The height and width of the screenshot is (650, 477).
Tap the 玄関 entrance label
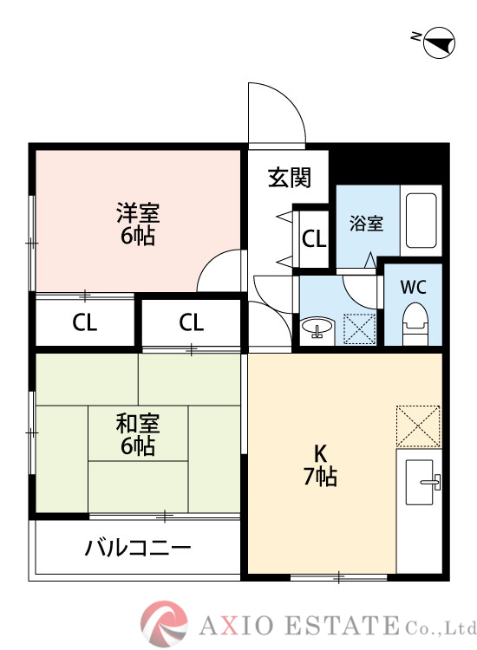pyautogui.click(x=288, y=178)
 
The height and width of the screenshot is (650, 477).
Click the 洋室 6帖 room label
pyautogui.click(x=137, y=224)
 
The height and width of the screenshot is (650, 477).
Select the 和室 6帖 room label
pyautogui.click(x=137, y=435)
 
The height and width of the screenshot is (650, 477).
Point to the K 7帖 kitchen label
pyautogui.click(x=319, y=464)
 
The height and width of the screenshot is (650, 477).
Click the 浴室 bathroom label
pyautogui.click(x=366, y=223)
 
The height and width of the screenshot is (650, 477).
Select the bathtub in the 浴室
pyautogui.click(x=422, y=221)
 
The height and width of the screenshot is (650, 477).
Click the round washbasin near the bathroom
pyautogui.click(x=317, y=328)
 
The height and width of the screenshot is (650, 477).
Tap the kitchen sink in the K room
pyautogui.click(x=422, y=482)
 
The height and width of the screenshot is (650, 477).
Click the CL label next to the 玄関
pyautogui.click(x=313, y=238)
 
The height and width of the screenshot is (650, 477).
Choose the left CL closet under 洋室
pyautogui.click(x=84, y=323)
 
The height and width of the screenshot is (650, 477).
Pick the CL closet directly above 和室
pyautogui.click(x=192, y=323)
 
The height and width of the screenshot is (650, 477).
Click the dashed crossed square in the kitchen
pyautogui.click(x=419, y=426)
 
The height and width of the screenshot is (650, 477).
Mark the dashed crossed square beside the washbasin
pyautogui.click(x=359, y=328)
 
